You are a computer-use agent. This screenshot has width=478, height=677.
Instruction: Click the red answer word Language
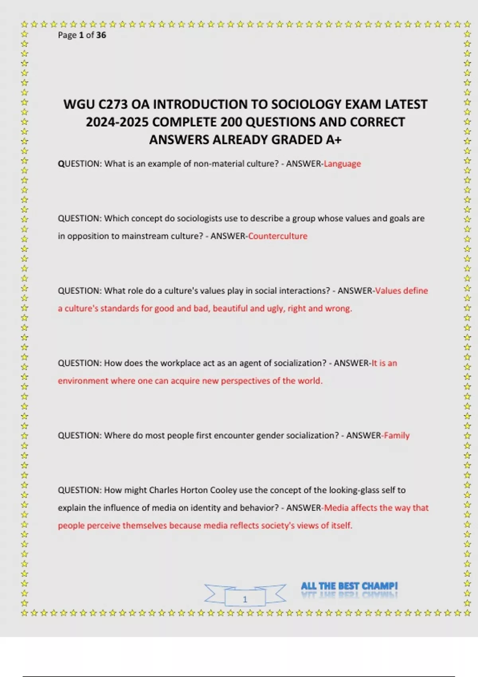(x=342, y=164)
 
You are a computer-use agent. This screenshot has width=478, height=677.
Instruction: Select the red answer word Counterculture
(x=278, y=236)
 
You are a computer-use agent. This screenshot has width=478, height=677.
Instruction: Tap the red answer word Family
(x=397, y=435)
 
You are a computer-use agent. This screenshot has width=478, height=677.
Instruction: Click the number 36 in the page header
(x=101, y=35)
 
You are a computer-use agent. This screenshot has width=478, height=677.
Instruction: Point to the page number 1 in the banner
(x=245, y=599)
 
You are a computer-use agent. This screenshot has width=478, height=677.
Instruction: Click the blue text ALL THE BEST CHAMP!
(x=349, y=586)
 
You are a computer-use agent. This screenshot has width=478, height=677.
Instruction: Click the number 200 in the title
(x=231, y=122)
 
